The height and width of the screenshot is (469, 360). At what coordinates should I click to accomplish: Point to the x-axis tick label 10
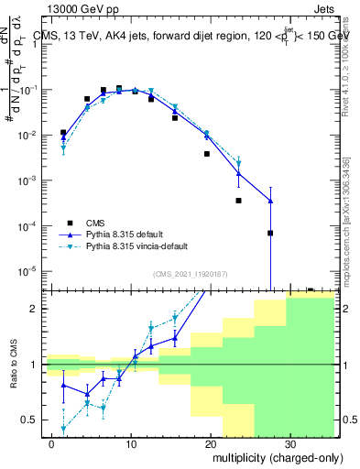[x=131, y=443]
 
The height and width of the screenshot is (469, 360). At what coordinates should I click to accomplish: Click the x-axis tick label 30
[x=289, y=443]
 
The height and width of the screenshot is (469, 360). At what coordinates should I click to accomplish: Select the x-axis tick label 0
[x=52, y=443]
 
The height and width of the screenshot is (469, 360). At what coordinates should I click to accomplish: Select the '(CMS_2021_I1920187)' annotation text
[x=190, y=273]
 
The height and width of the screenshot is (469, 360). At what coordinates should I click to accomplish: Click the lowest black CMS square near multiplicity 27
[x=270, y=233]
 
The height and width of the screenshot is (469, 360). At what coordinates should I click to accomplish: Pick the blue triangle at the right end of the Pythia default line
[x=270, y=201]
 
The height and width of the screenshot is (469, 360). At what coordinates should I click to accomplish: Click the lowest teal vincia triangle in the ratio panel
[x=63, y=428]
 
